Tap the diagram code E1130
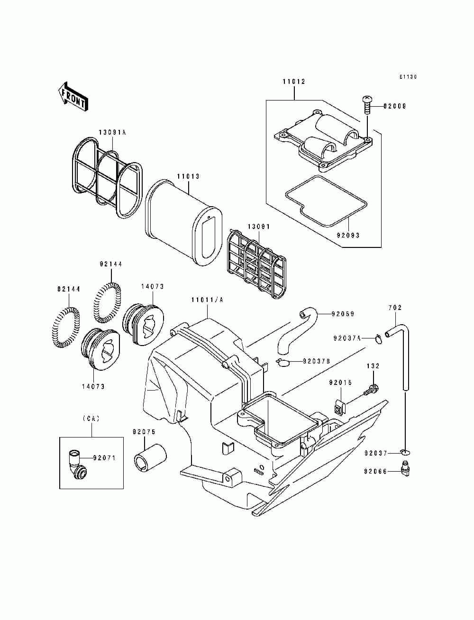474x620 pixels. pyautogui.click(x=408, y=77)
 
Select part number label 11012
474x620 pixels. pyautogui.click(x=294, y=82)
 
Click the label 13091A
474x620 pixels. pyautogui.click(x=112, y=132)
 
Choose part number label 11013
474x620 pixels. pyautogui.click(x=188, y=176)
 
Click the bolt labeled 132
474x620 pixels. pyautogui.click(x=371, y=390)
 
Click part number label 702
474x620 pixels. pyautogui.click(x=395, y=308)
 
